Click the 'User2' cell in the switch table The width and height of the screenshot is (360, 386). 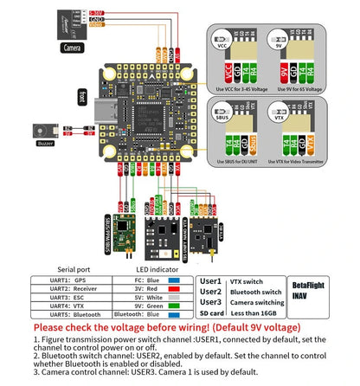210,292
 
